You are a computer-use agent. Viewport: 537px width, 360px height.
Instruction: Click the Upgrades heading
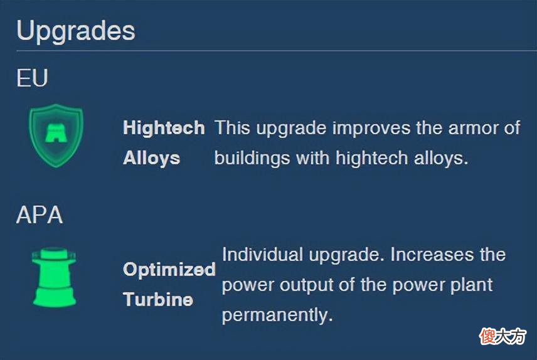coord(76,31)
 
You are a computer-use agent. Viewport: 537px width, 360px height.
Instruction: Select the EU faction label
coord(32,78)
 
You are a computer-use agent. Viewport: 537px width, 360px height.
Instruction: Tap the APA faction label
coord(40,214)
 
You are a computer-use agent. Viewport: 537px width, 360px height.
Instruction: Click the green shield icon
coord(56,135)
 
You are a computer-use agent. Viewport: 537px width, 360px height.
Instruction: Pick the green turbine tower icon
coord(54,277)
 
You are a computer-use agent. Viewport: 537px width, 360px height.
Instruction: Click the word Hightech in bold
coord(164,128)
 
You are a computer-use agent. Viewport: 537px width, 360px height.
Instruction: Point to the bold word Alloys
coord(151,158)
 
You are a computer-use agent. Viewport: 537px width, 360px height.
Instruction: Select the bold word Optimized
coord(169,269)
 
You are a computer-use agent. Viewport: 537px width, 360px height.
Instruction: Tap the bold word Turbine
coord(158,299)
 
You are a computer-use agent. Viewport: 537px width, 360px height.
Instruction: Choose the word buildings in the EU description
coord(252,158)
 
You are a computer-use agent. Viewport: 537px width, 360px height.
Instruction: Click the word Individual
coord(262,255)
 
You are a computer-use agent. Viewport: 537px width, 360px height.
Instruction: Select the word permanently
coord(277,315)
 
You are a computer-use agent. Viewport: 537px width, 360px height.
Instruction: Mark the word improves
coord(371,128)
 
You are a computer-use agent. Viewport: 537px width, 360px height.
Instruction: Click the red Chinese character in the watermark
coord(487,336)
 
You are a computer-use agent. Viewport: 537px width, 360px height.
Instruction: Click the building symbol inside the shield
coord(56,133)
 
